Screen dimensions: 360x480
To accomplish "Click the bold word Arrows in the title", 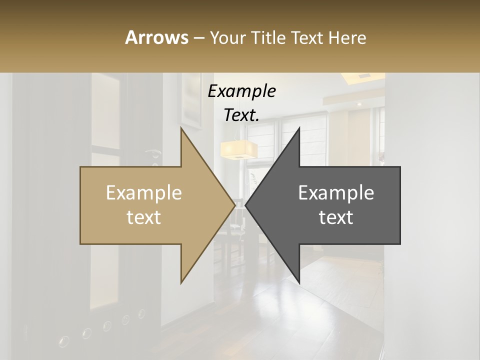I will point(156,37).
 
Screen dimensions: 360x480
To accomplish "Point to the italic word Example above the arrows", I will point(241,91).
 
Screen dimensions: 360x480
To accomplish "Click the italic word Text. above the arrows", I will point(241,115).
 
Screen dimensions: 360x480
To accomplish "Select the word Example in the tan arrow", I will point(144,193).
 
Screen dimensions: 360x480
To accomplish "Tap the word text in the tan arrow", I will point(144,217).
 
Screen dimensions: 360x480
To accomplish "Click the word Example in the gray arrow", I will point(336,193).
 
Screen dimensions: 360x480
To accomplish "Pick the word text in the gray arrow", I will point(336,217).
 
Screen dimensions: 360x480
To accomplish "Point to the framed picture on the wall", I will point(191,100).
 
